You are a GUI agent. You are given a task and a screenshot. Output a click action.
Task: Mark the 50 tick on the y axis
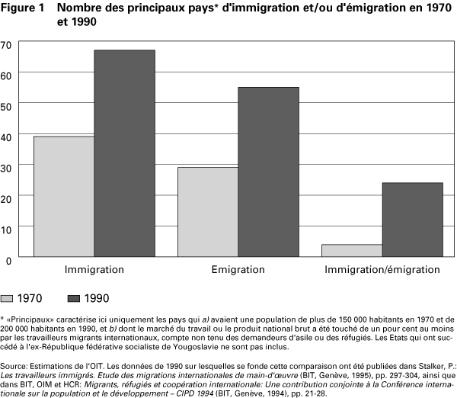coord(6,104)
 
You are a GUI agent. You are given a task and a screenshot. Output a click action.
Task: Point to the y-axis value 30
coord(6,166)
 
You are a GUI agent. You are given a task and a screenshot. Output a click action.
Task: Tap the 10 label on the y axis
coord(6,229)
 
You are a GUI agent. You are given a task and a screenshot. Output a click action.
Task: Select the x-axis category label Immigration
coord(94,271)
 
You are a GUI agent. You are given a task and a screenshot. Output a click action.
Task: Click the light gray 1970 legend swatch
coord(8,298)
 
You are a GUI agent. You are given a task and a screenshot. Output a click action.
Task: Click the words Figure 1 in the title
coord(24,8)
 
